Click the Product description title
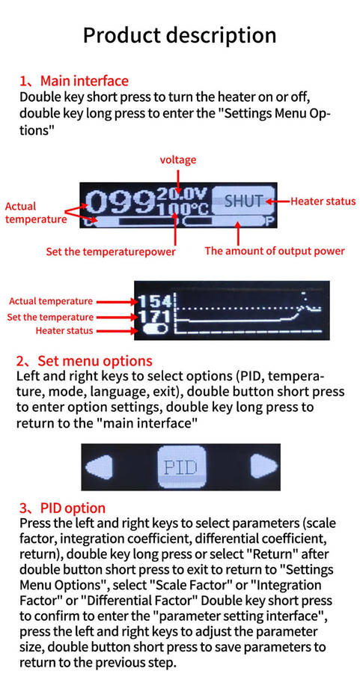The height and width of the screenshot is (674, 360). [180, 35]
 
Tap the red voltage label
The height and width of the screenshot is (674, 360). [178, 160]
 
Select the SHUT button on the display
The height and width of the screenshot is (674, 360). [243, 201]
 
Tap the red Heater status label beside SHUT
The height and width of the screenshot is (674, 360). [323, 201]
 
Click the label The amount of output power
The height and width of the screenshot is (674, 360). [275, 251]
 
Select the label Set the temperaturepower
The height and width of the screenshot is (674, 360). [111, 252]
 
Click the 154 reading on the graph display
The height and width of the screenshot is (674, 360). [155, 301]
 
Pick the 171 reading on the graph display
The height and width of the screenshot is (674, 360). [155, 318]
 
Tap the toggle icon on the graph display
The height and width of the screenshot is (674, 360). [155, 330]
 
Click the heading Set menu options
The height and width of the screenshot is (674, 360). [95, 360]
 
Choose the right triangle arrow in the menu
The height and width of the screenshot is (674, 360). [265, 467]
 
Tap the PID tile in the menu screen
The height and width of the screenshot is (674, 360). [182, 467]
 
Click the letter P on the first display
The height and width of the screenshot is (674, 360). [270, 222]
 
